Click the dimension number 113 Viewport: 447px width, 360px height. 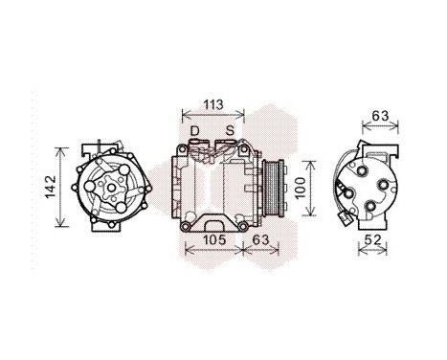[214, 106]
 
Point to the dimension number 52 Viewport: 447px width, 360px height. [374, 239]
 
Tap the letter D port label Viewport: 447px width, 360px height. [195, 130]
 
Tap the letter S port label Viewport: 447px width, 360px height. [230, 130]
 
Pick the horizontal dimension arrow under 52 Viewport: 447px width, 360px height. [374, 251]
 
